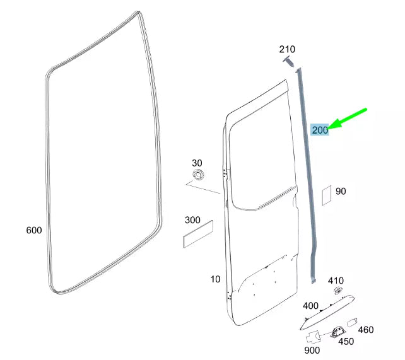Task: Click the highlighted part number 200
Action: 320,129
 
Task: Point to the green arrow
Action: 348,119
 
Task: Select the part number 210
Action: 287,49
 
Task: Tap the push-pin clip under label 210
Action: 289,62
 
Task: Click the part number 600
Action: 34,230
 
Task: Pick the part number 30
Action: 197,163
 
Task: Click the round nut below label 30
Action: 198,175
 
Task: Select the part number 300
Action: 192,220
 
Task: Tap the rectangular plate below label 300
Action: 198,235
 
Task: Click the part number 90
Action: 341,191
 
